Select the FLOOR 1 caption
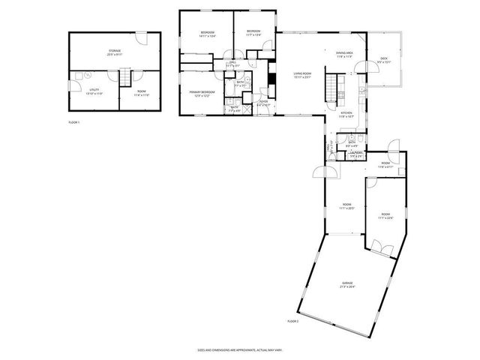73,121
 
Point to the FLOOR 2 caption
292,321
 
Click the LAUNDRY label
355,154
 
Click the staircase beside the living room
332,85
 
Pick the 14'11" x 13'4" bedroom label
208,33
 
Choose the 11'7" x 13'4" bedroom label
253,33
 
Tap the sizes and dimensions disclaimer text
240,349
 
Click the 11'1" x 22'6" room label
385,216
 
